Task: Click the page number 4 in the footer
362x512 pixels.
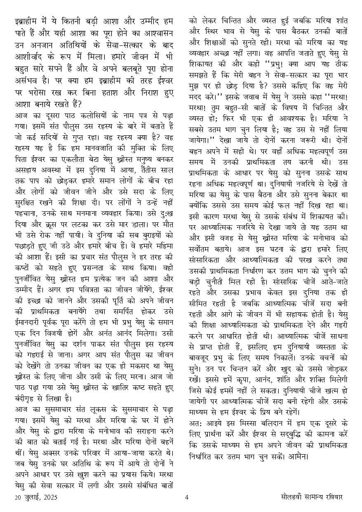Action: pos(186,497)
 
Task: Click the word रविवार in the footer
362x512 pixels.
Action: pos(331,497)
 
